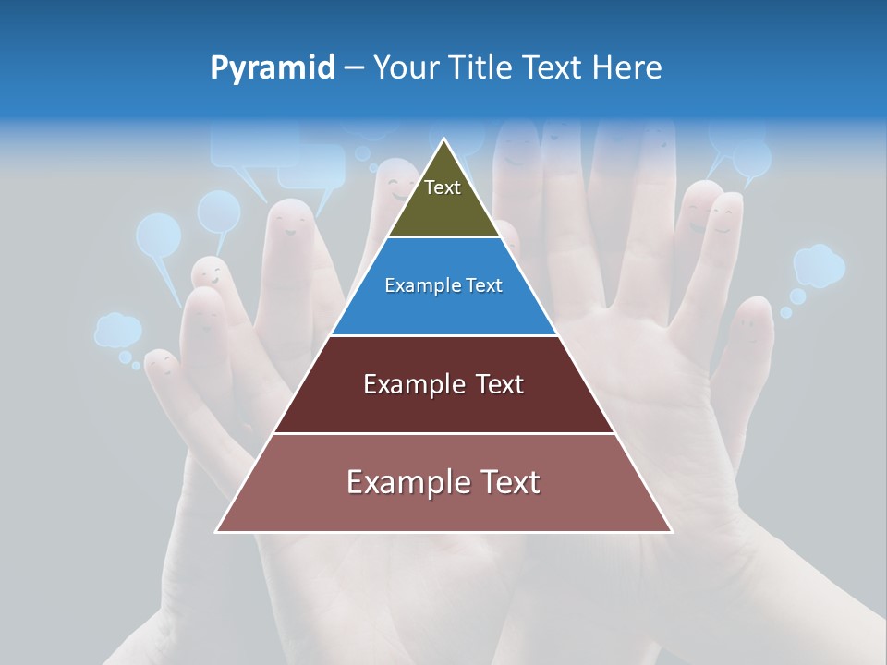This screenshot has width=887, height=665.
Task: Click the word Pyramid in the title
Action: tap(273, 68)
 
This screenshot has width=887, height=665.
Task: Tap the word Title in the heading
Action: tap(480, 68)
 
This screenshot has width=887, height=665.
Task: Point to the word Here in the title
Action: tap(627, 68)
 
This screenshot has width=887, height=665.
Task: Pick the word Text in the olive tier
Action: tap(443, 187)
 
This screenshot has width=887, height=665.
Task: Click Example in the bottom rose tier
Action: tap(398, 482)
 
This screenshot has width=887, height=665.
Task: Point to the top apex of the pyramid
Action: tap(444, 140)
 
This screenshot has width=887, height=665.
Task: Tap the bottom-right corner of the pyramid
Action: tap(671, 531)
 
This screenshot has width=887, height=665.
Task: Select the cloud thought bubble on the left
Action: tap(118, 330)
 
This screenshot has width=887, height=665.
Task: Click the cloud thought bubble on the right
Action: tap(819, 265)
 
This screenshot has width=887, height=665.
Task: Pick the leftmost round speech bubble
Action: tap(158, 236)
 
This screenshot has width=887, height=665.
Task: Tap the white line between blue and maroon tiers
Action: tap(444, 335)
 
